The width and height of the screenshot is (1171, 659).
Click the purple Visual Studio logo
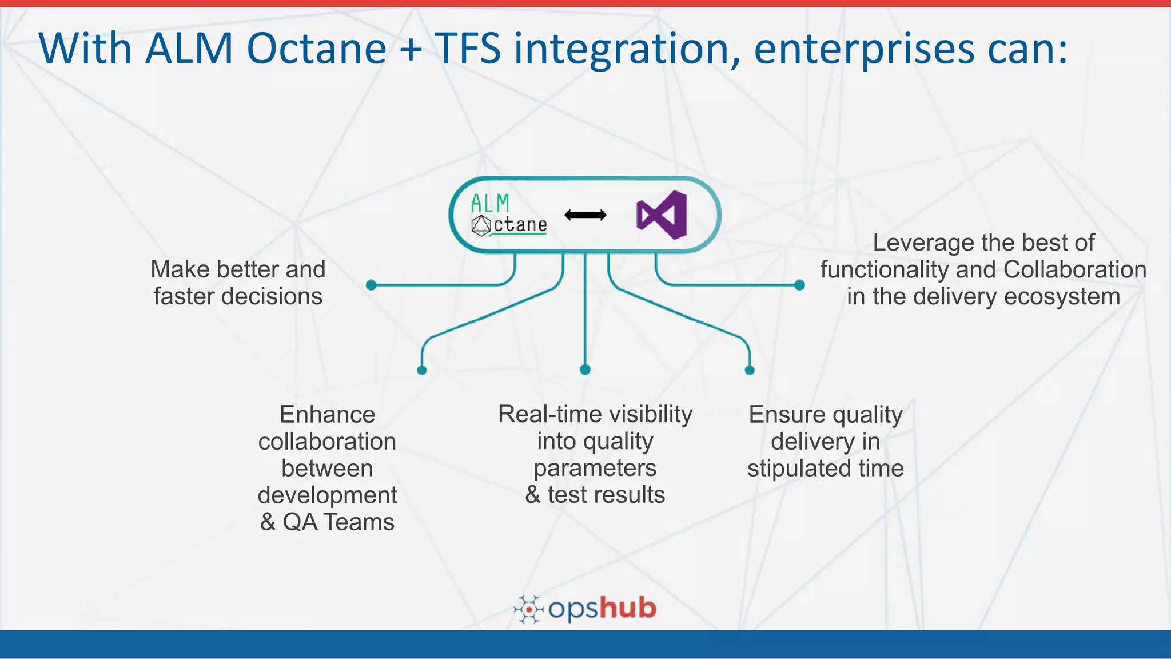[662, 215]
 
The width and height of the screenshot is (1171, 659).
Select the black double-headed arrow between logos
[585, 215]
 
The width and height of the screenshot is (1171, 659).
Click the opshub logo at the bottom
[585, 609]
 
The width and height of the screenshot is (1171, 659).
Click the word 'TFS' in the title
[468, 49]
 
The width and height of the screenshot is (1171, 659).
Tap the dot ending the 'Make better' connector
[371, 285]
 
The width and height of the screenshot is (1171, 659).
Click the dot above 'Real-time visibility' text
[585, 370]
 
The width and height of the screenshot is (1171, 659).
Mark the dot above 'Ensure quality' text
[750, 370]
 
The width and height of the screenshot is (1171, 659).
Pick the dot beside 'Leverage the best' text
[799, 285]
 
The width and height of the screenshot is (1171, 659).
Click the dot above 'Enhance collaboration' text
[422, 370]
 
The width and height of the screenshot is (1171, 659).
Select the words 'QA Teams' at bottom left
[338, 522]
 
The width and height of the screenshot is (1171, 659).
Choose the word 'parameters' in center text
[595, 468]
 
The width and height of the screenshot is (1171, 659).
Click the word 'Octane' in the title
[316, 49]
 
